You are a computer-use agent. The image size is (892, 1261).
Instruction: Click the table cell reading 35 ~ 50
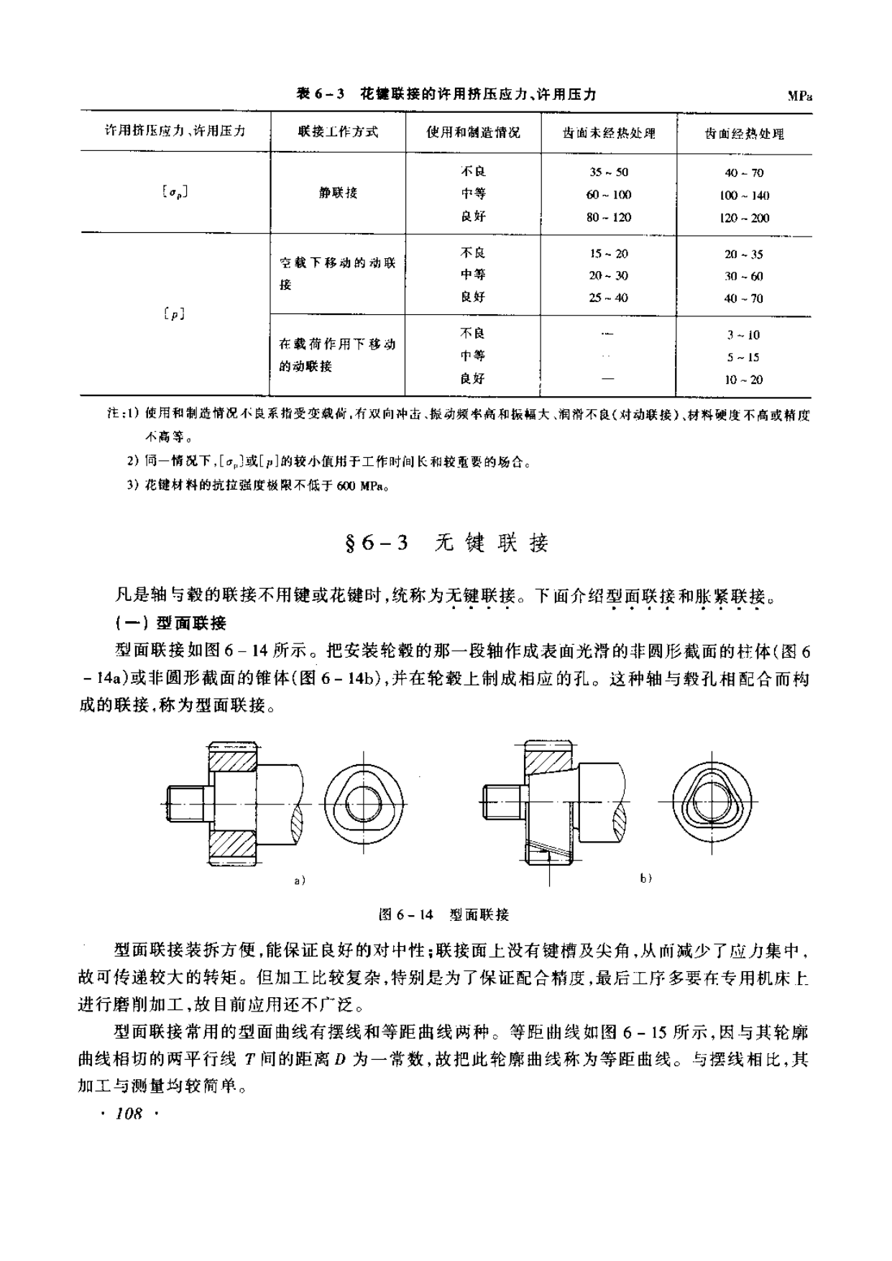point(608,173)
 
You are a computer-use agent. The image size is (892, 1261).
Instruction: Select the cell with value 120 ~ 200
point(744,218)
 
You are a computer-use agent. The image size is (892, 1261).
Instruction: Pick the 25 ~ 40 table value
point(608,298)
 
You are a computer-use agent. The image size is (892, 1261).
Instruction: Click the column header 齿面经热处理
point(744,134)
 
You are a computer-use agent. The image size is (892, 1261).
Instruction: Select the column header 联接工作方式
point(338,132)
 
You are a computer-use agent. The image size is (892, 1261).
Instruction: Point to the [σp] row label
point(175,193)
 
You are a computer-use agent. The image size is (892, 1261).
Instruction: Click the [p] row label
point(175,313)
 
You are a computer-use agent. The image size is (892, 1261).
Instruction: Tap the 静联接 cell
point(338,193)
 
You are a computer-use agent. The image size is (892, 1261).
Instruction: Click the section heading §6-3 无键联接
point(446,544)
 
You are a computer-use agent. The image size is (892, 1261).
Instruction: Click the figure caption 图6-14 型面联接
point(443,914)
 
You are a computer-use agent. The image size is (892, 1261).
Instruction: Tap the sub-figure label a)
point(300,880)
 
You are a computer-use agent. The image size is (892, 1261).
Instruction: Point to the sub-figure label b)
point(645,878)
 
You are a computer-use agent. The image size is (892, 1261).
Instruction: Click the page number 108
point(129,1114)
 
